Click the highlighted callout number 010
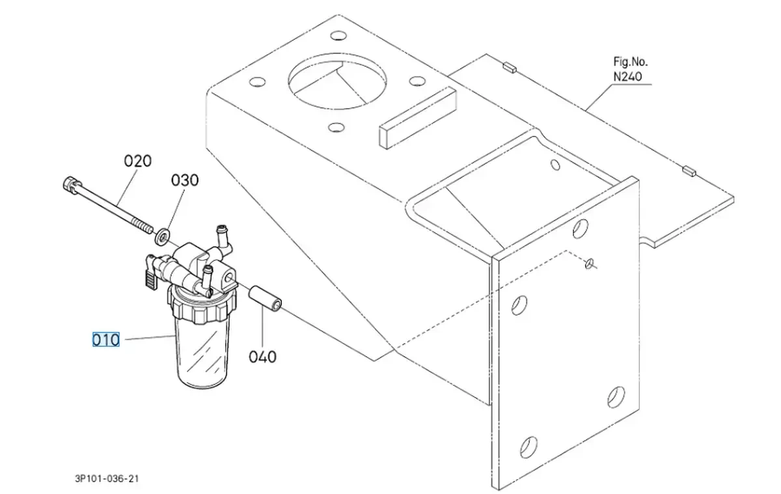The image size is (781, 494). (x=106, y=340)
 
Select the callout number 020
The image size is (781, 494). (x=138, y=161)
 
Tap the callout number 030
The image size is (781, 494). (x=185, y=180)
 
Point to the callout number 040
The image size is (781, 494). (x=262, y=357)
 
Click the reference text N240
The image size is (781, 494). (x=627, y=77)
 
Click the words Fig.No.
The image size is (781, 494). (x=631, y=62)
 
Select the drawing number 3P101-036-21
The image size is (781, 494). (x=107, y=478)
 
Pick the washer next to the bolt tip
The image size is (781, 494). (x=162, y=237)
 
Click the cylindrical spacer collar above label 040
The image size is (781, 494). (x=265, y=299)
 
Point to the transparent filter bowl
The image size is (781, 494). (x=202, y=352)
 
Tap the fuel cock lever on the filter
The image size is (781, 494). (x=152, y=277)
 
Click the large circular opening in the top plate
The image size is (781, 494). (x=338, y=81)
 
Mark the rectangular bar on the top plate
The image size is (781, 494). (x=418, y=118)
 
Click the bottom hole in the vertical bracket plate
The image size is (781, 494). (x=528, y=447)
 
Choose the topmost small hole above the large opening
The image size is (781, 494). (x=338, y=35)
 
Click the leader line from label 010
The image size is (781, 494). (x=150, y=337)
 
